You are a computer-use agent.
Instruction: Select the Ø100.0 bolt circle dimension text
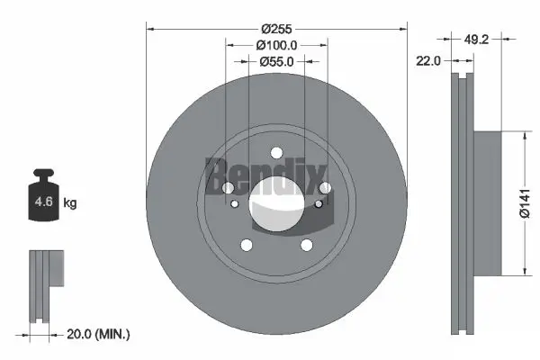pos(276,44)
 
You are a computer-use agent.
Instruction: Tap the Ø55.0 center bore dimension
pos(276,61)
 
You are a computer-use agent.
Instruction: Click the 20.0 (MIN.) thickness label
pos(100,334)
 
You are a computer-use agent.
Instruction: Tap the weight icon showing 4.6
pos(43,200)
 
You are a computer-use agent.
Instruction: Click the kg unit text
pos(69,203)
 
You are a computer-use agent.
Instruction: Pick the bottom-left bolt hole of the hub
pos(246,245)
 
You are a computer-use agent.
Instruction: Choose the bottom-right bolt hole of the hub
pos(306,245)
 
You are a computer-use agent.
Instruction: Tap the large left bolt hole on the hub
pos(228,187)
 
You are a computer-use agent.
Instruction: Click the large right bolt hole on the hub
pos(324,187)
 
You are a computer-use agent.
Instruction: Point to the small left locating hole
pos(235,203)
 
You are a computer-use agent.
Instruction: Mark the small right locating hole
pos(318,203)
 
